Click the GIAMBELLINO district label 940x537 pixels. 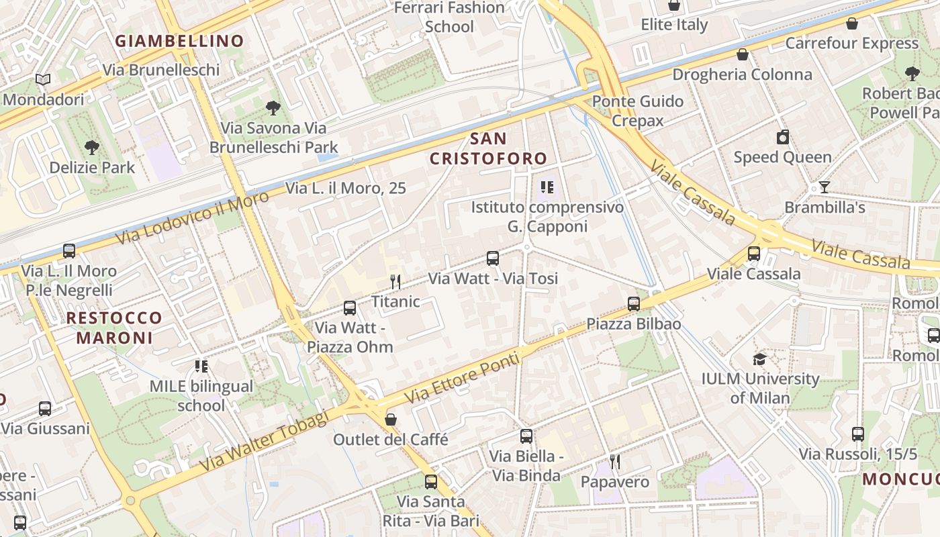(179, 41)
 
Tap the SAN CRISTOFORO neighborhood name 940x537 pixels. (488, 149)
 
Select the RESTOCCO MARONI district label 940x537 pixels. (114, 328)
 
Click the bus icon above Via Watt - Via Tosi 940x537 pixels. (493, 258)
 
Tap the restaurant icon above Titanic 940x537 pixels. (395, 282)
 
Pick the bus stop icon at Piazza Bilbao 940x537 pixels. (634, 304)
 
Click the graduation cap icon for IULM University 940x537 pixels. (760, 359)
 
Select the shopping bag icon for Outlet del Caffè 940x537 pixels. (391, 420)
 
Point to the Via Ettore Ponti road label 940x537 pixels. (463, 378)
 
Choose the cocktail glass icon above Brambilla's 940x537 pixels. (825, 187)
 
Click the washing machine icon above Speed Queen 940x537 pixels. (783, 138)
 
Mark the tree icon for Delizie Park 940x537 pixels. (92, 147)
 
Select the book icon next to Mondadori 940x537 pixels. (43, 80)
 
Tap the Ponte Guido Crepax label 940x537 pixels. (638, 111)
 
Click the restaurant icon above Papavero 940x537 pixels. (614, 462)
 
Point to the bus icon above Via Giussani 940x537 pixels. (45, 408)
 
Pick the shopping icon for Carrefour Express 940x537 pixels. (852, 24)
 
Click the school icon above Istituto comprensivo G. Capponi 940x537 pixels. (547, 187)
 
